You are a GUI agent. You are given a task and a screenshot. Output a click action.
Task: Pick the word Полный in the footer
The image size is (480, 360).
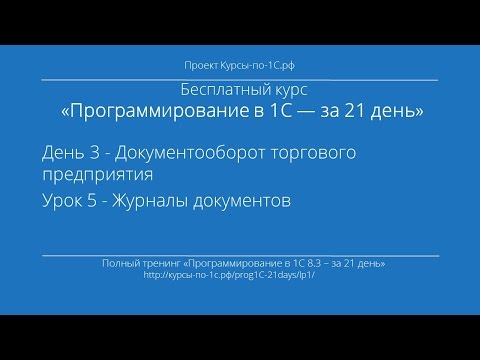click(x=120, y=262)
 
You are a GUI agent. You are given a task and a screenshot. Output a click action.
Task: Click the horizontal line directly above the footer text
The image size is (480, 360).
click(x=240, y=254)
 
